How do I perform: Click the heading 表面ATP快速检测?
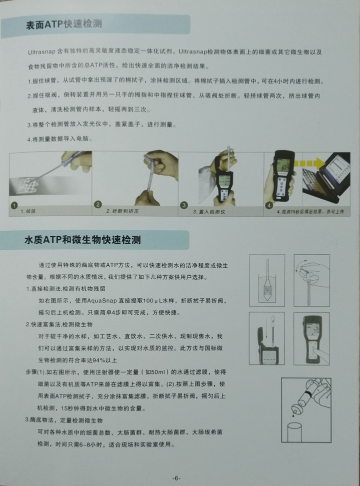pyautogui.click(x=64, y=24)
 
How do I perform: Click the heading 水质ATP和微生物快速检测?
pyautogui.click(x=82, y=240)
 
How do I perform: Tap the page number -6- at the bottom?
pyautogui.click(x=176, y=478)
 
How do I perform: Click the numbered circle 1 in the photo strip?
pyautogui.click(x=14, y=205)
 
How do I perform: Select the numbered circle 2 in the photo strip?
pyautogui.click(x=98, y=204)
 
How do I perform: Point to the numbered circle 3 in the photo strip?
pyautogui.click(x=184, y=205)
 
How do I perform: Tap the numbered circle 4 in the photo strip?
pyautogui.click(x=269, y=205)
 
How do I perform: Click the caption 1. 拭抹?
pyautogui.click(x=28, y=211)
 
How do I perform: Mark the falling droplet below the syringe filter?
pyautogui.click(x=293, y=415)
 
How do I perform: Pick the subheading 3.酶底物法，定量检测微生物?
pyautogui.click(x=64, y=420)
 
